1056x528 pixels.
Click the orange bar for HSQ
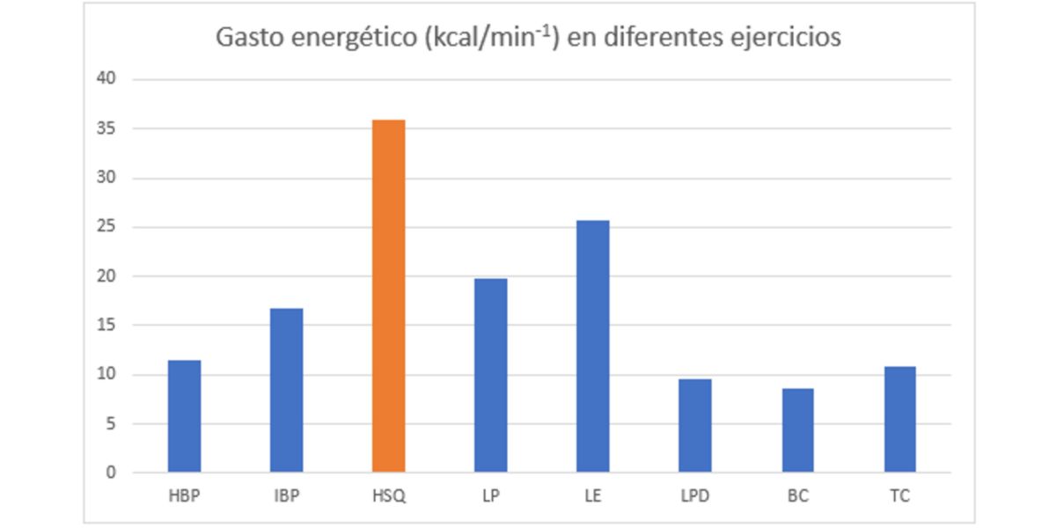coord(388,296)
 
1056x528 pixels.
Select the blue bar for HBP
coord(184,416)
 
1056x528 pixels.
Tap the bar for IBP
coord(286,390)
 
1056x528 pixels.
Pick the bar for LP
coord(490,376)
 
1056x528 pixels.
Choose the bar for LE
coord(592,347)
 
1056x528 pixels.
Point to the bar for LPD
coord(694,426)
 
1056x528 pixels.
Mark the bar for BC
coord(796,430)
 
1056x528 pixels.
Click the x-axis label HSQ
coord(388,496)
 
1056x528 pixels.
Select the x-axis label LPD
coord(694,496)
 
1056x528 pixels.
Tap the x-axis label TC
coord(898,496)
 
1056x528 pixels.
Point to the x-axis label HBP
coord(184,496)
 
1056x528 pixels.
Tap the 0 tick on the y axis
coord(111,473)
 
